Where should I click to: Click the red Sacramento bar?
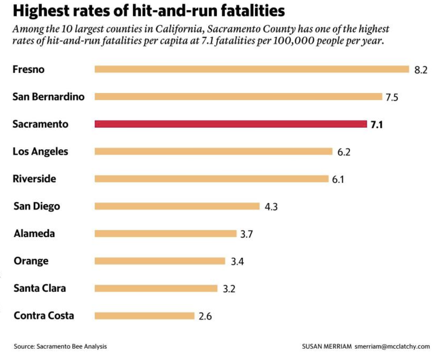pyautogui.click(x=231, y=124)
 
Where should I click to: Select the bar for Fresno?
pyautogui.click(x=252, y=69)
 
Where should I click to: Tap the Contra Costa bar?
pyautogui.click(x=144, y=316)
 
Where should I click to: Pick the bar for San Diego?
pyautogui.click(x=177, y=206)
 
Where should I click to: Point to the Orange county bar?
pyautogui.click(x=160, y=261)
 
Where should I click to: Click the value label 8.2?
pyautogui.click(x=421, y=70)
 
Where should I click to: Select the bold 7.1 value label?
pyautogui.click(x=377, y=125)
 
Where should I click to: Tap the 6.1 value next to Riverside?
pyautogui.click(x=338, y=179)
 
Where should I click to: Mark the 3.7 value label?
pyautogui.click(x=246, y=234)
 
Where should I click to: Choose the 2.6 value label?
pyautogui.click(x=205, y=316)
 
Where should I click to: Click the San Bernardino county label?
pyautogui.click(x=48, y=97)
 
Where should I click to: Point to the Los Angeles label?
pyautogui.click(x=40, y=151)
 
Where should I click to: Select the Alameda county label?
pyautogui.click(x=34, y=233)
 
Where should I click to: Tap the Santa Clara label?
pyautogui.click(x=39, y=288)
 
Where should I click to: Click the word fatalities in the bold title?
pyautogui.click(x=253, y=11)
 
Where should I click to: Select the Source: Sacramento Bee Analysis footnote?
pyautogui.click(x=60, y=346)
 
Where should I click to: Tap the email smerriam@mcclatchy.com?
pyautogui.click(x=392, y=346)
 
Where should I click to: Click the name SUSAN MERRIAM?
pyautogui.click(x=326, y=346)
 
